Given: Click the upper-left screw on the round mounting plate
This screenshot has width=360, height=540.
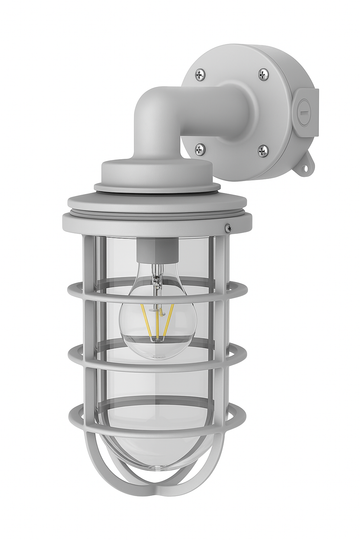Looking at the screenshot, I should click(201, 74).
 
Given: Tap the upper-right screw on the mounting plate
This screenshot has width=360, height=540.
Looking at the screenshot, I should click(263, 74).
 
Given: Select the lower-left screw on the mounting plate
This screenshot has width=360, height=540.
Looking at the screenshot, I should click(200, 149).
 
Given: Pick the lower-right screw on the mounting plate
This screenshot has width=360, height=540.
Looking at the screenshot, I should click(262, 151).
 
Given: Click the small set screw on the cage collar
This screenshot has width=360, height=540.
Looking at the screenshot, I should click(228, 227).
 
